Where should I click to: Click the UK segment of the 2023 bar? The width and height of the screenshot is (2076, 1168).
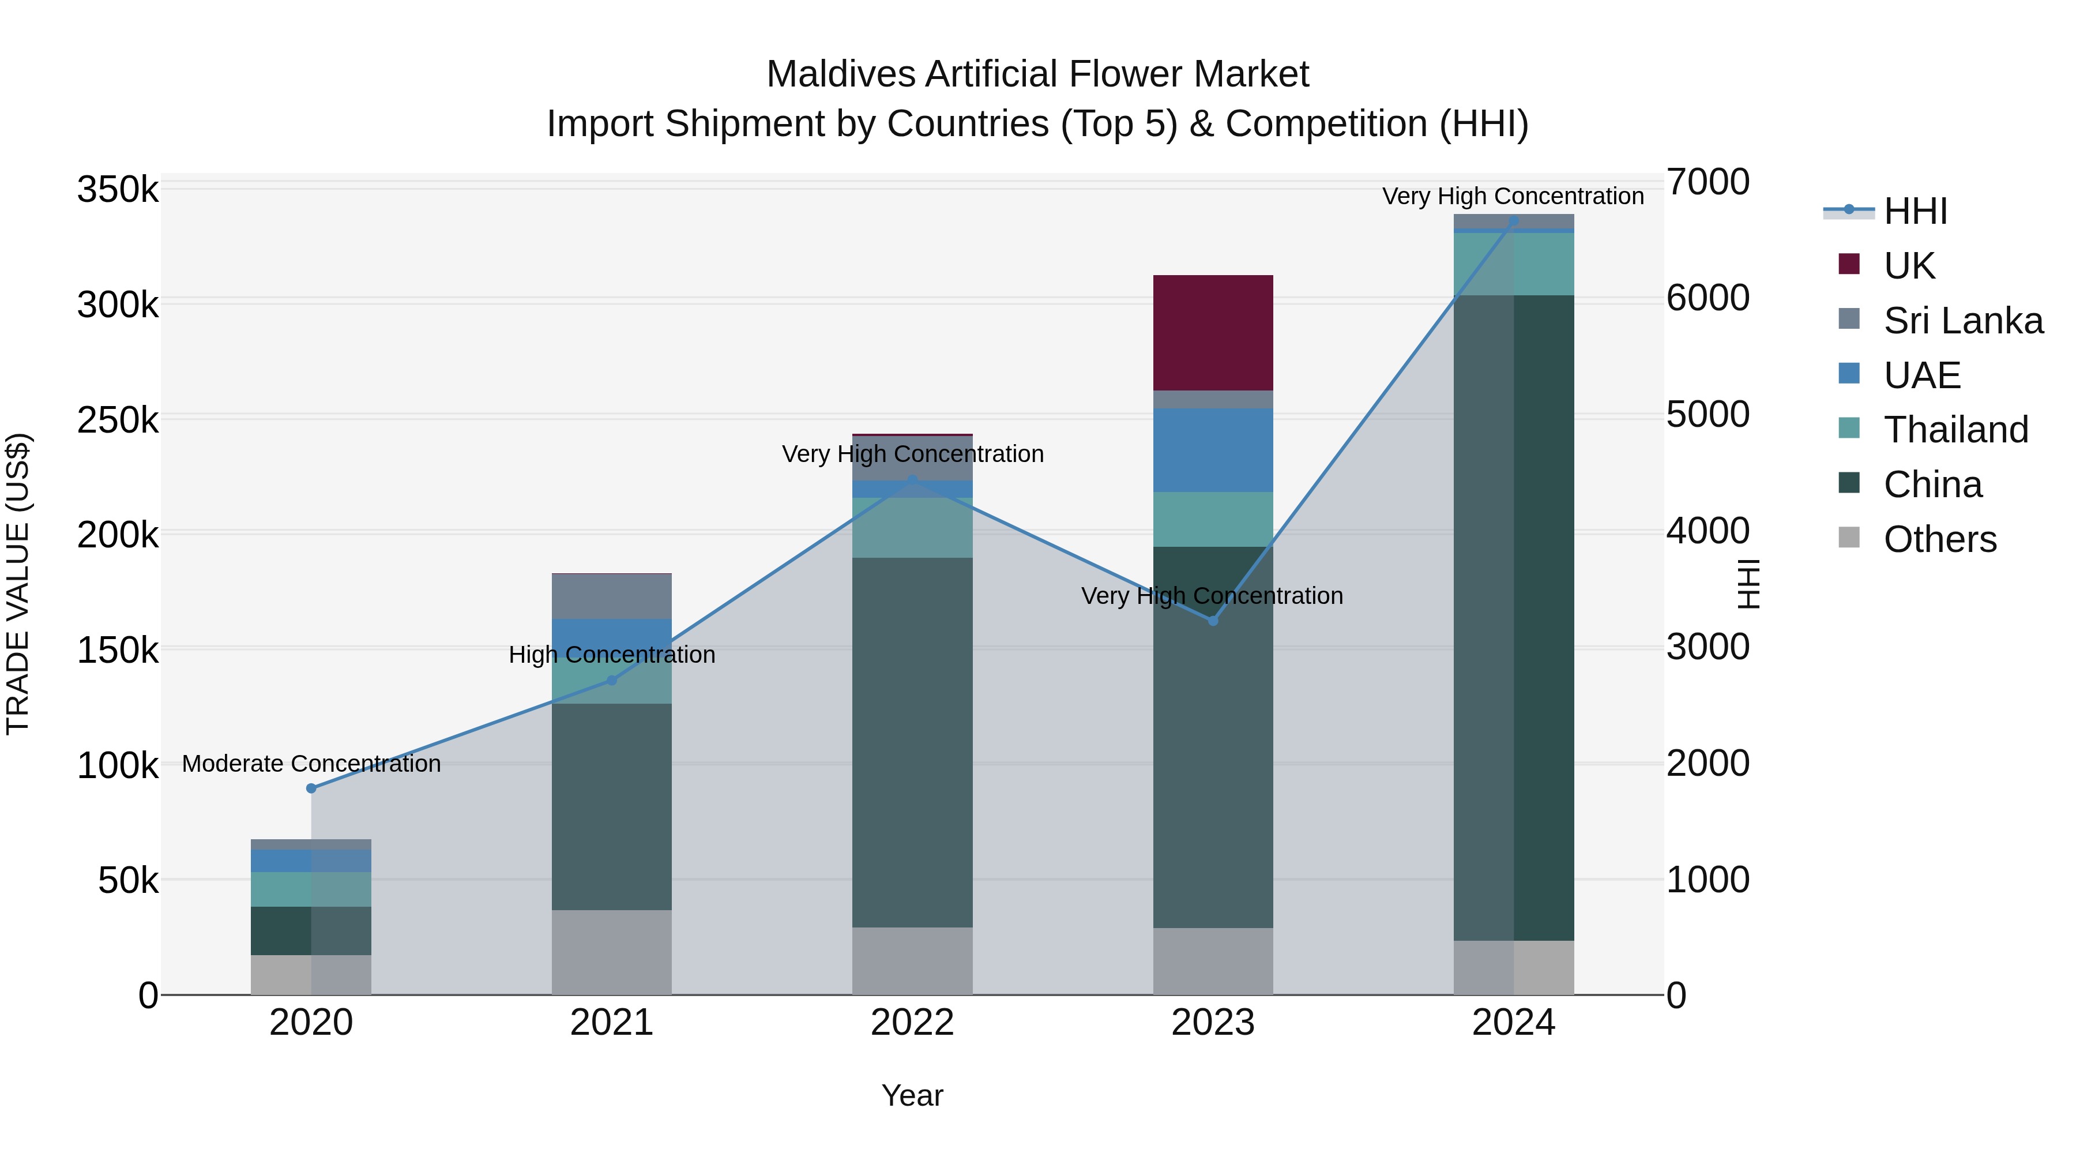1213,332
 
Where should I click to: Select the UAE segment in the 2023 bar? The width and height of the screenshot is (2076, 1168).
1213,450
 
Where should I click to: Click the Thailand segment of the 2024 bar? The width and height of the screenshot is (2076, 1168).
1514,264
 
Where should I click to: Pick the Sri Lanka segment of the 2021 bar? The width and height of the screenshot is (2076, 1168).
612,596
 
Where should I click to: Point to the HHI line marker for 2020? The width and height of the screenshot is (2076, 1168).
311,788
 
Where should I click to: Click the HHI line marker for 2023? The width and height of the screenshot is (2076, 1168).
1213,621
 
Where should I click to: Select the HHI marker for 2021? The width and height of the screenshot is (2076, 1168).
612,681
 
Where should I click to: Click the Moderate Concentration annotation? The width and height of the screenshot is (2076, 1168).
311,763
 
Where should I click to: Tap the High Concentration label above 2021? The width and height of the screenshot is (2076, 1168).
612,655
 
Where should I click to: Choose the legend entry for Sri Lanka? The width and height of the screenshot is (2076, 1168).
1963,321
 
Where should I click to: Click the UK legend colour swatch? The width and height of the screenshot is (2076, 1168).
1849,264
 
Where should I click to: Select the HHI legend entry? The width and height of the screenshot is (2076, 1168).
1915,211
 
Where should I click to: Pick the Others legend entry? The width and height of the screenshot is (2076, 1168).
1940,539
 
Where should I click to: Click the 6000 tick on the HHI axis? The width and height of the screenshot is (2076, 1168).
1707,298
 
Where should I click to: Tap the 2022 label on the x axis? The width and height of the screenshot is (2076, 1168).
912,1023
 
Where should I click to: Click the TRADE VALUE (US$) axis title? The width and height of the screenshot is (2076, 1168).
18,584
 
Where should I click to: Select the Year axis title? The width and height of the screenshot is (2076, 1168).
912,1095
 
